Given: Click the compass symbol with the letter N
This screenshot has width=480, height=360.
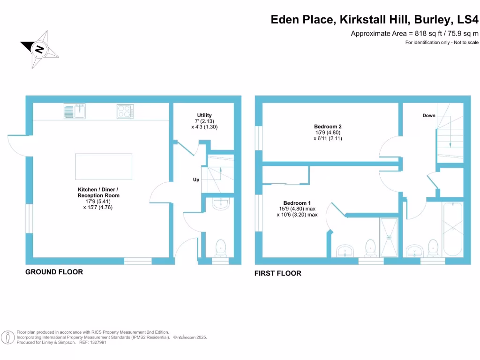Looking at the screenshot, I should point(40,49).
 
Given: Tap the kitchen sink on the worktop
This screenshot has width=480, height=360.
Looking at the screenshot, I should point(74,112).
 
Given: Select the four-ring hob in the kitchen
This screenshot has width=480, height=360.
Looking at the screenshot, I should point(125,112).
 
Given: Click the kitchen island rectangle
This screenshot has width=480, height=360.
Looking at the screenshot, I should point(103,167).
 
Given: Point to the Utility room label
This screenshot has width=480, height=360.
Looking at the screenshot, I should point(204,115).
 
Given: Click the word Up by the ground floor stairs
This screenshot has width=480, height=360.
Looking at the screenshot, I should point(196,180).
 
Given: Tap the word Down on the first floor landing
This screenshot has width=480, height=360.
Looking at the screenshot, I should point(428,115).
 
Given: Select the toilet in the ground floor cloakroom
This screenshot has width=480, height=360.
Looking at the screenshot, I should point(220,247).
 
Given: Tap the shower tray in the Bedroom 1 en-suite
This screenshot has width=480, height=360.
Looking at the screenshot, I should point(389,237).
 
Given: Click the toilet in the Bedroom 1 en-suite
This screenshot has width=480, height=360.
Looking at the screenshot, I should point(371,247).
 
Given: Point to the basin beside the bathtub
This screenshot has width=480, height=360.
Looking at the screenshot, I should point(414,250).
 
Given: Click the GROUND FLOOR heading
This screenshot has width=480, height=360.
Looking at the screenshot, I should point(54,272).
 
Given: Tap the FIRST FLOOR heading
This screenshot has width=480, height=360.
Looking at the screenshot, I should point(278,273).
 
